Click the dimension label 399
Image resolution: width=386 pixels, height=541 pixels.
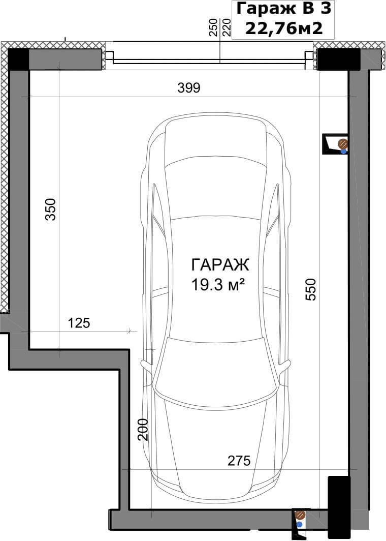(188, 88)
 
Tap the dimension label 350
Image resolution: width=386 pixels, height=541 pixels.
(51, 209)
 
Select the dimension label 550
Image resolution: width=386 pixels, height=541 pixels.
(311, 289)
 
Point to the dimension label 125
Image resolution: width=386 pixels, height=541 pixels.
(79, 323)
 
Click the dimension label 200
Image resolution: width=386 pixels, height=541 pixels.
(143, 430)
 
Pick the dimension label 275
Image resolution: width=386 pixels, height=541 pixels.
(239, 460)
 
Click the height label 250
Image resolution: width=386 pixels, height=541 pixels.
(213, 28)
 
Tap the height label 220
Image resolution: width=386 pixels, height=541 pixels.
(226, 28)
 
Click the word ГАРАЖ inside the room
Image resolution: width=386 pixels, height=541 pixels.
(219, 265)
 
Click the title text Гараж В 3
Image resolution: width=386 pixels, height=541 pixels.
(283, 9)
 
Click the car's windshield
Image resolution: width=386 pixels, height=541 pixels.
(216, 369)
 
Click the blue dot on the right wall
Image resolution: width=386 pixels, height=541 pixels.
(343, 151)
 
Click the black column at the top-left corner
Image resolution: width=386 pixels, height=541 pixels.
(18, 59)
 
